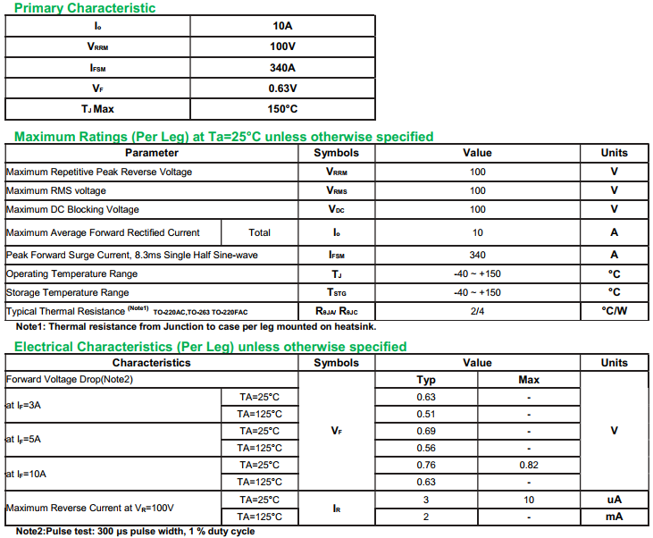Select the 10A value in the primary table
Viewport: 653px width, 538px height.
pyautogui.click(x=282, y=26)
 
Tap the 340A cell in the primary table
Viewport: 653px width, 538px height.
pyautogui.click(x=282, y=68)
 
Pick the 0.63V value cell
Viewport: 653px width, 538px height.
pyautogui.click(x=282, y=88)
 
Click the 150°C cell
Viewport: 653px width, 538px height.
pyautogui.click(x=282, y=109)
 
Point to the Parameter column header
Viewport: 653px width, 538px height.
pyautogui.click(x=151, y=153)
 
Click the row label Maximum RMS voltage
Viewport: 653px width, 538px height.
pyautogui.click(x=56, y=190)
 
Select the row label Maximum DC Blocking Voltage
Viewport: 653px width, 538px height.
pyautogui.click(x=72, y=209)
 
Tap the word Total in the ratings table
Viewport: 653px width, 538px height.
pyautogui.click(x=259, y=232)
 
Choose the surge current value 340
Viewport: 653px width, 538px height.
pyautogui.click(x=477, y=255)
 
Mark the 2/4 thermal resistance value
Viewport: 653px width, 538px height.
pyautogui.click(x=477, y=311)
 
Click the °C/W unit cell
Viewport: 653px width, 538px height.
pyautogui.click(x=615, y=311)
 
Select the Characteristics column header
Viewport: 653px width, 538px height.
pyautogui.click(x=151, y=363)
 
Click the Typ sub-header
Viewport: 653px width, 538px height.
pyautogui.click(x=427, y=380)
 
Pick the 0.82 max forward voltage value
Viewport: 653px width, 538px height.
pyautogui.click(x=529, y=465)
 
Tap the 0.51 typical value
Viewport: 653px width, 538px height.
pyautogui.click(x=426, y=414)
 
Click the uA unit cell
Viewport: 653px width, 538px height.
pyautogui.click(x=615, y=500)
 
